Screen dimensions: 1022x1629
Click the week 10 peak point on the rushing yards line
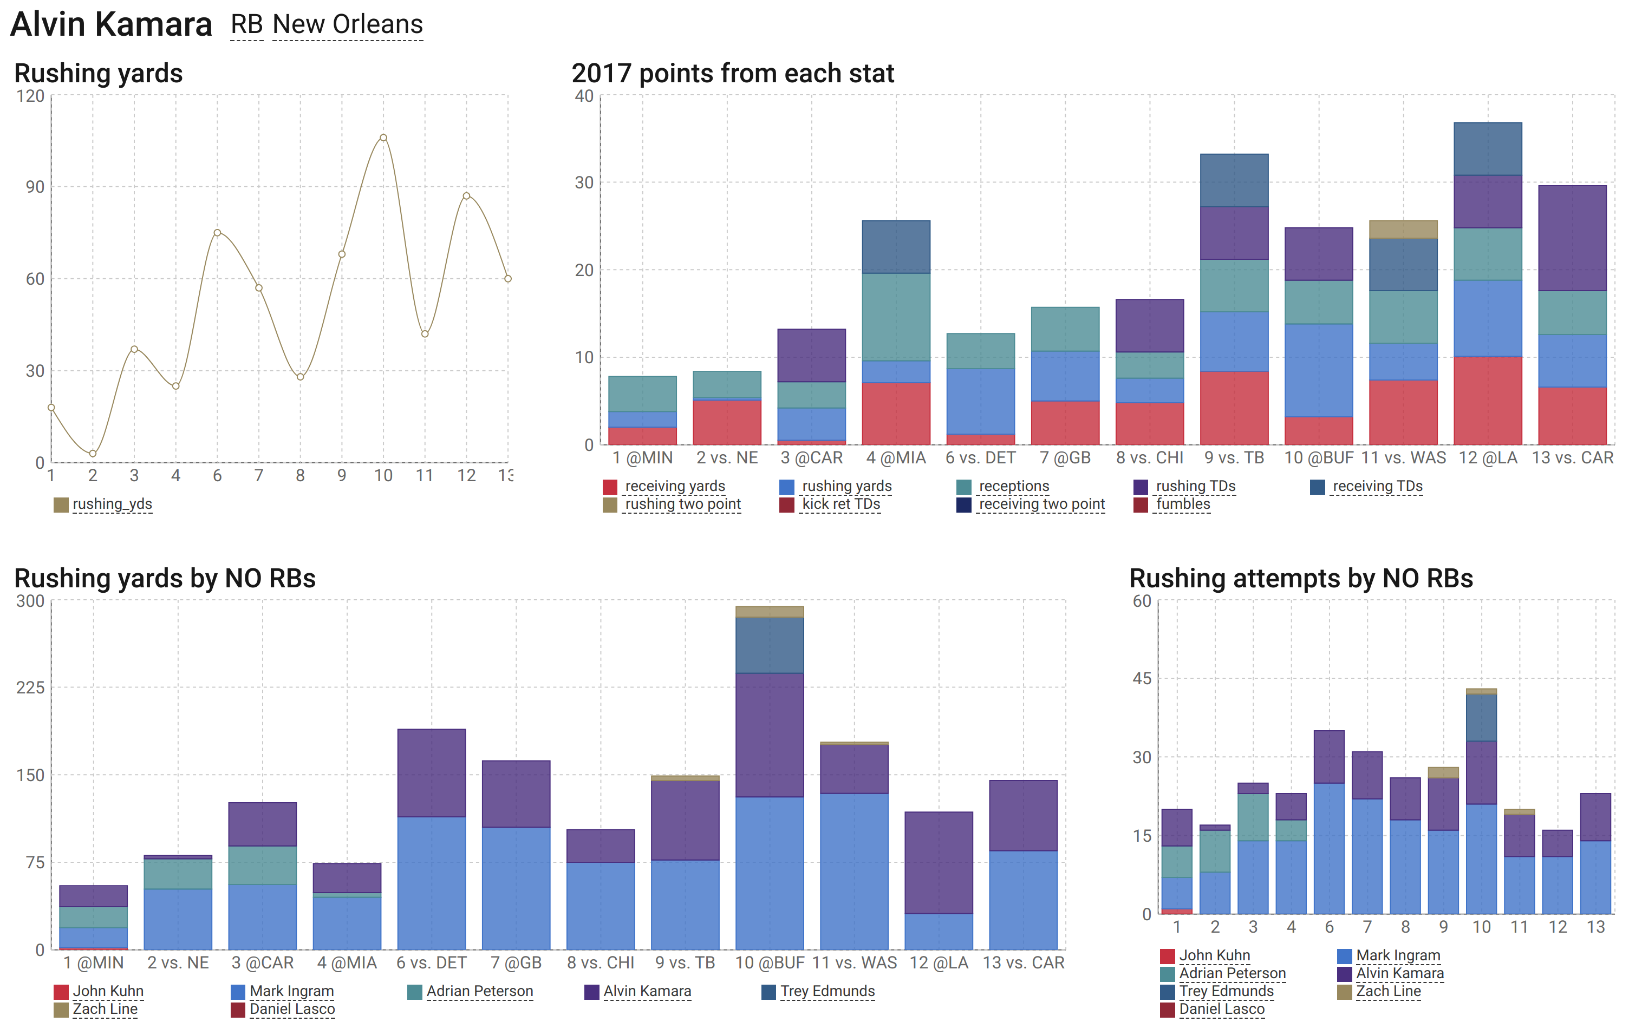[x=383, y=138]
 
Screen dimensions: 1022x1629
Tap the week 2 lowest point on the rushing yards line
[x=93, y=454]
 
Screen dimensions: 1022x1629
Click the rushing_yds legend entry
[x=112, y=505]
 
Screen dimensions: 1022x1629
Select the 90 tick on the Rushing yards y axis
[x=35, y=187]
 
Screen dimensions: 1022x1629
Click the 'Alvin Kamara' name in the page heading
[x=111, y=24]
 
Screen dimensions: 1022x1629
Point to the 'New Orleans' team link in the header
[x=348, y=24]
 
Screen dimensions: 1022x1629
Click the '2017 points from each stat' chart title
[x=732, y=73]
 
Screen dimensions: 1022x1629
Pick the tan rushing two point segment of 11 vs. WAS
[x=1403, y=229]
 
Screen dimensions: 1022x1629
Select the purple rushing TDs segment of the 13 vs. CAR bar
[x=1572, y=238]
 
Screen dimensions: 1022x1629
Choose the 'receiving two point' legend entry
[x=1041, y=505]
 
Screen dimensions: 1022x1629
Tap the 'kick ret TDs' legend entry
[x=840, y=505]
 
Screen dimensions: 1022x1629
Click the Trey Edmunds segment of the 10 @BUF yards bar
[x=769, y=645]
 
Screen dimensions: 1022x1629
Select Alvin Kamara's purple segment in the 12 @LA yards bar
[x=938, y=862]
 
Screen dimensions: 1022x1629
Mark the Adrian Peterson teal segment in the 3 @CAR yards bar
[x=262, y=864]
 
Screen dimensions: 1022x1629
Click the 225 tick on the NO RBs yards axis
[x=30, y=687]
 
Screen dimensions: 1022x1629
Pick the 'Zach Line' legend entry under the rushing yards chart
[x=105, y=1008]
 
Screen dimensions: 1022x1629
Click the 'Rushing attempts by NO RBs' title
[x=1300, y=579]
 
